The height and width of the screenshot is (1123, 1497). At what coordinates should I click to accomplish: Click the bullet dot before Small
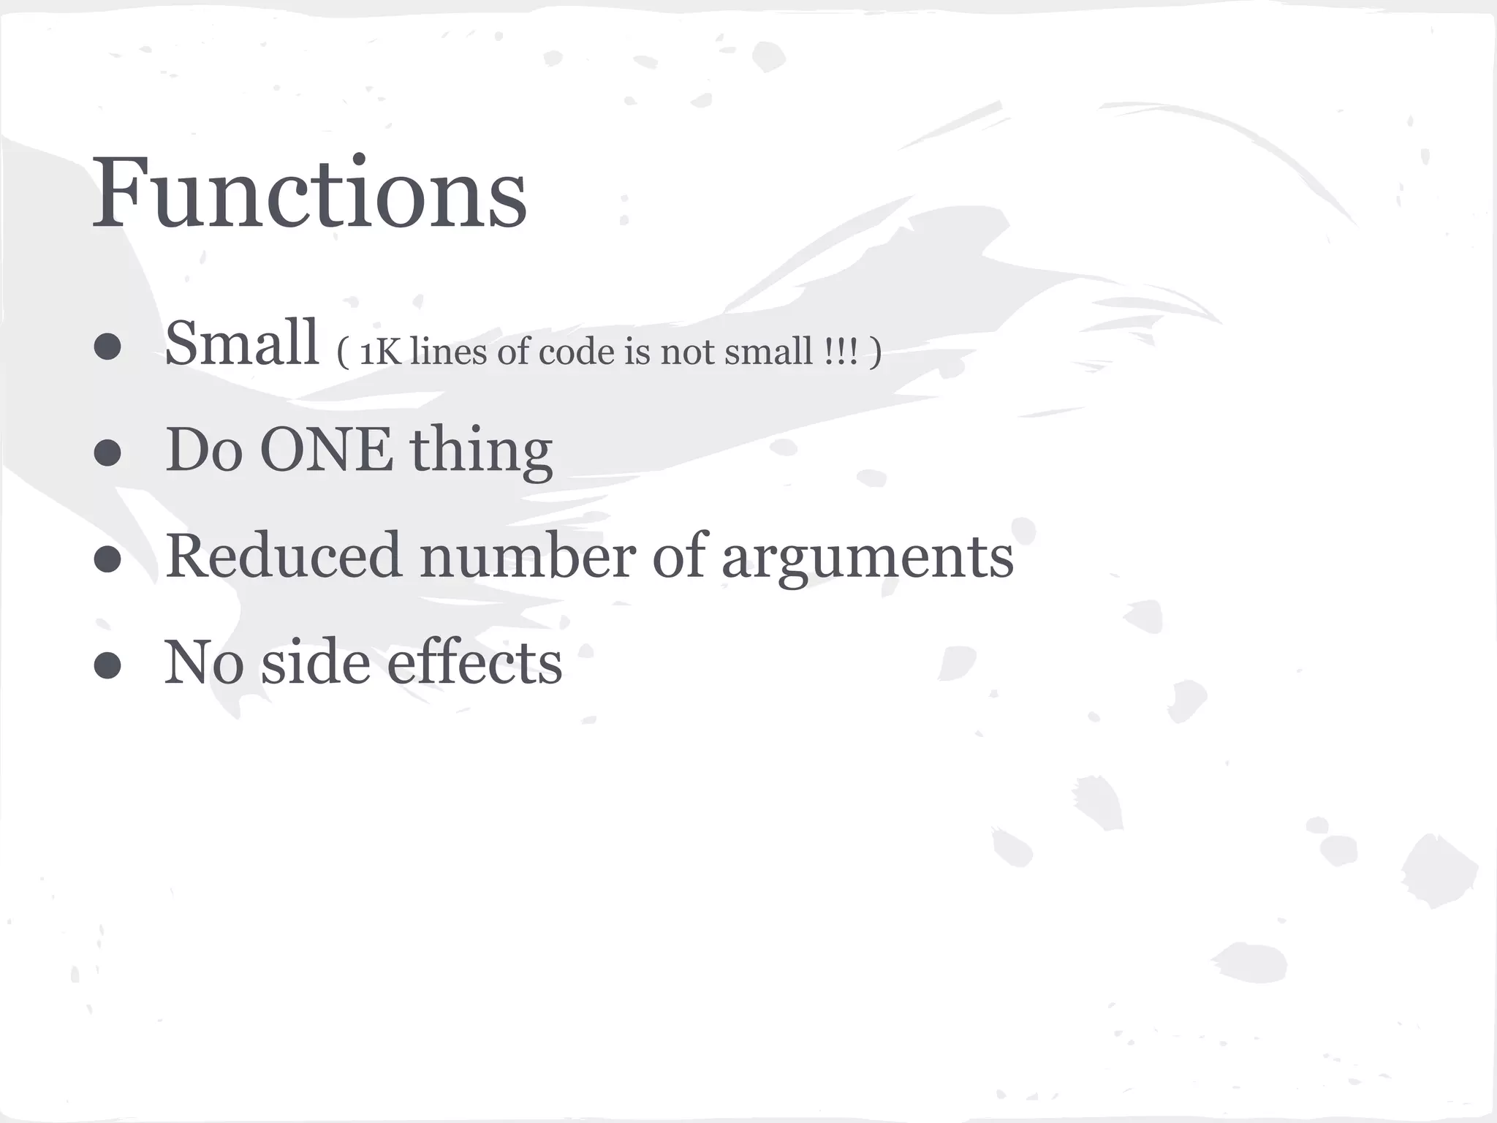pos(107,347)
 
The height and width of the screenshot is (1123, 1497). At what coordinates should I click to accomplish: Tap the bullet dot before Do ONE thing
pos(107,453)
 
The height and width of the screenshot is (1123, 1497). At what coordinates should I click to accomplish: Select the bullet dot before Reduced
pos(107,559)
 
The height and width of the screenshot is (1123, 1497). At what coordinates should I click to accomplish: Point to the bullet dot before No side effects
pos(107,665)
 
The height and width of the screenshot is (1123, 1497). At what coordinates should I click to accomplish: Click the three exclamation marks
pos(840,352)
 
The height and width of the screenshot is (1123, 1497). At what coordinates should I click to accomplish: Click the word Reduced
pos(284,556)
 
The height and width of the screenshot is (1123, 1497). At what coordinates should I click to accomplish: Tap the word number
pos(526,556)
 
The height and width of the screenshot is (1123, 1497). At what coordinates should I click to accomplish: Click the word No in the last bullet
pos(203,662)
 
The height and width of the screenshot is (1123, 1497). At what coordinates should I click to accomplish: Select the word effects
pos(474,662)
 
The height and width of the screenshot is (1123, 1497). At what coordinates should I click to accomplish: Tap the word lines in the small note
pos(448,352)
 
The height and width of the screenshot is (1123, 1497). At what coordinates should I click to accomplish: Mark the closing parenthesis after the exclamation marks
pos(875,353)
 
